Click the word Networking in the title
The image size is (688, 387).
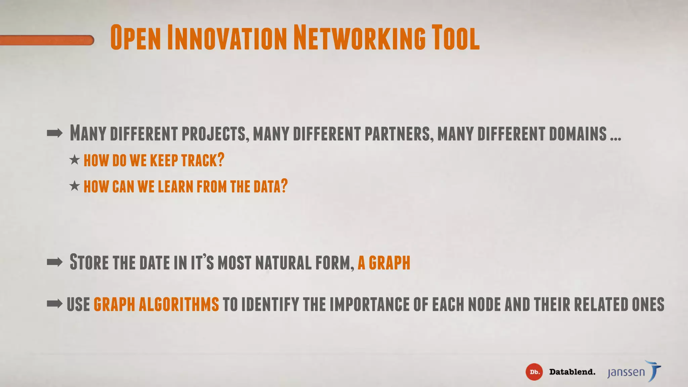[359, 38]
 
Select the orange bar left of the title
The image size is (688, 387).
[47, 40]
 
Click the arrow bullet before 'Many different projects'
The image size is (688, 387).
[55, 133]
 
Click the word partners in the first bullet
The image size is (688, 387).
[397, 133]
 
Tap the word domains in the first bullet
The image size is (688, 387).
[578, 133]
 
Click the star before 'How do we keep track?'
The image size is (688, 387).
[75, 160]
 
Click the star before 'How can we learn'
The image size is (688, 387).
[75, 185]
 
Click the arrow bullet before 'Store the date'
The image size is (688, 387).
[55, 262]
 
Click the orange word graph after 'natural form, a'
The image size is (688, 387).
[389, 263]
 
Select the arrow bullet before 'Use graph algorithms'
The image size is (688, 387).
[55, 304]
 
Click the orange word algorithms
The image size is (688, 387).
[179, 304]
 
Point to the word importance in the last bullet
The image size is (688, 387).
[370, 304]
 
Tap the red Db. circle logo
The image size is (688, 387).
[534, 372]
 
